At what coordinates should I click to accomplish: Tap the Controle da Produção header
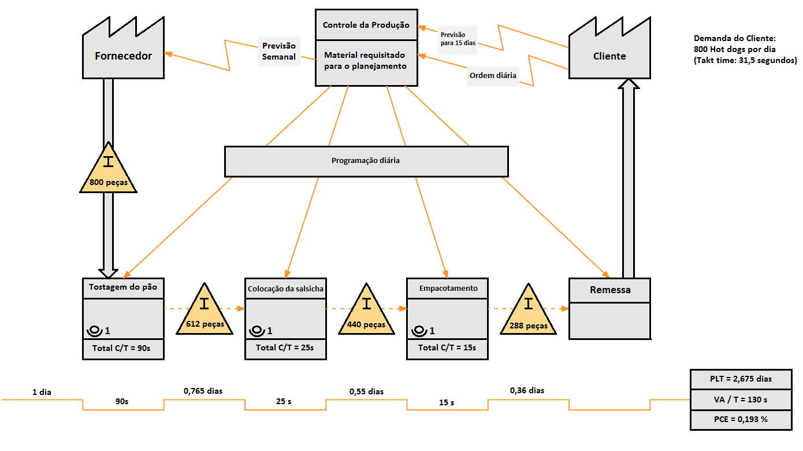[366, 25]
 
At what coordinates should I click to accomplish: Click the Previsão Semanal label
[278, 51]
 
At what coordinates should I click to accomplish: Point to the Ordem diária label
[493, 76]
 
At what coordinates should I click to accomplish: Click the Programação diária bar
[366, 161]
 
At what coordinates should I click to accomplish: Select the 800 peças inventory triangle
[108, 171]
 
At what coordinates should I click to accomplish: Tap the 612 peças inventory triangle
[204, 312]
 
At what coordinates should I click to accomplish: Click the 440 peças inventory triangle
[366, 312]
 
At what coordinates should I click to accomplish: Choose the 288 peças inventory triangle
[528, 313]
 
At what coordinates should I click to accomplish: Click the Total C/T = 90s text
[122, 349]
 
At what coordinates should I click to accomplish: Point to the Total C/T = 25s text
[285, 348]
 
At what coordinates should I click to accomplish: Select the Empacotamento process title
[448, 288]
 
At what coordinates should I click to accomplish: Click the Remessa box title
[609, 290]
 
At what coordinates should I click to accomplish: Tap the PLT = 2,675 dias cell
[741, 379]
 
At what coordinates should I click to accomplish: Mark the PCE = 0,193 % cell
[741, 419]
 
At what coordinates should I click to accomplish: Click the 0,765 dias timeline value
[203, 391]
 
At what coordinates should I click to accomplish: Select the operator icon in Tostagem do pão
[94, 331]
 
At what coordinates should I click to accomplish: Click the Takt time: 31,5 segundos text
[745, 60]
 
